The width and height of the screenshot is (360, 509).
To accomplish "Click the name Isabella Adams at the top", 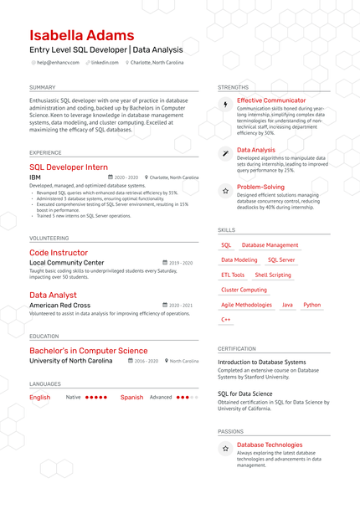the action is (x=81, y=36).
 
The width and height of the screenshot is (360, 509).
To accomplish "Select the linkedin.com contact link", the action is (x=105, y=63).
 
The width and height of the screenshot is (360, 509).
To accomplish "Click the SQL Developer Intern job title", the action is (x=69, y=167).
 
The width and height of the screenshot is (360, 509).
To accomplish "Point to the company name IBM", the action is (x=35, y=177).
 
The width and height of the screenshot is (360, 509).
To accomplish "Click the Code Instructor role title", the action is (x=59, y=253).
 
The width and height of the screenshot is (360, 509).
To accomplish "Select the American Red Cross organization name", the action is (x=59, y=306).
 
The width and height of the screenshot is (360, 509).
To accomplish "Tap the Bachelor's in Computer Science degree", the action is (x=88, y=351).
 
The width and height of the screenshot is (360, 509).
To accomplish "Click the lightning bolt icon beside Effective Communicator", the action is (x=225, y=105).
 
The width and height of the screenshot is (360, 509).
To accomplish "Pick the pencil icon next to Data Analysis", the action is (x=225, y=153).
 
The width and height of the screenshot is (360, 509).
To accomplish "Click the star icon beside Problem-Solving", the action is (x=225, y=191).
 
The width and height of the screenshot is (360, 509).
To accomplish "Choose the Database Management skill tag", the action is (x=270, y=245).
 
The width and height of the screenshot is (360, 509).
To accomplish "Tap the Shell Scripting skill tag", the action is (x=273, y=275).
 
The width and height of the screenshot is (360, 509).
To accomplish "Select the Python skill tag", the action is (x=311, y=306).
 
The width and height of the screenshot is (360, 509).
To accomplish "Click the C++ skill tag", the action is (x=226, y=320).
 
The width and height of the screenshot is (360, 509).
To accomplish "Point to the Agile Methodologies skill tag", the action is (x=246, y=306).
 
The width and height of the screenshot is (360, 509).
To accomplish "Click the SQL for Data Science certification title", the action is (x=244, y=393).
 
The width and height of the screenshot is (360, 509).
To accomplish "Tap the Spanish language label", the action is (x=131, y=398).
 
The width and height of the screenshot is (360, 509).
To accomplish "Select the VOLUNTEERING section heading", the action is (x=49, y=238).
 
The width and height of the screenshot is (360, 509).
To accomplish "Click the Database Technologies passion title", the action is (x=270, y=445).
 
